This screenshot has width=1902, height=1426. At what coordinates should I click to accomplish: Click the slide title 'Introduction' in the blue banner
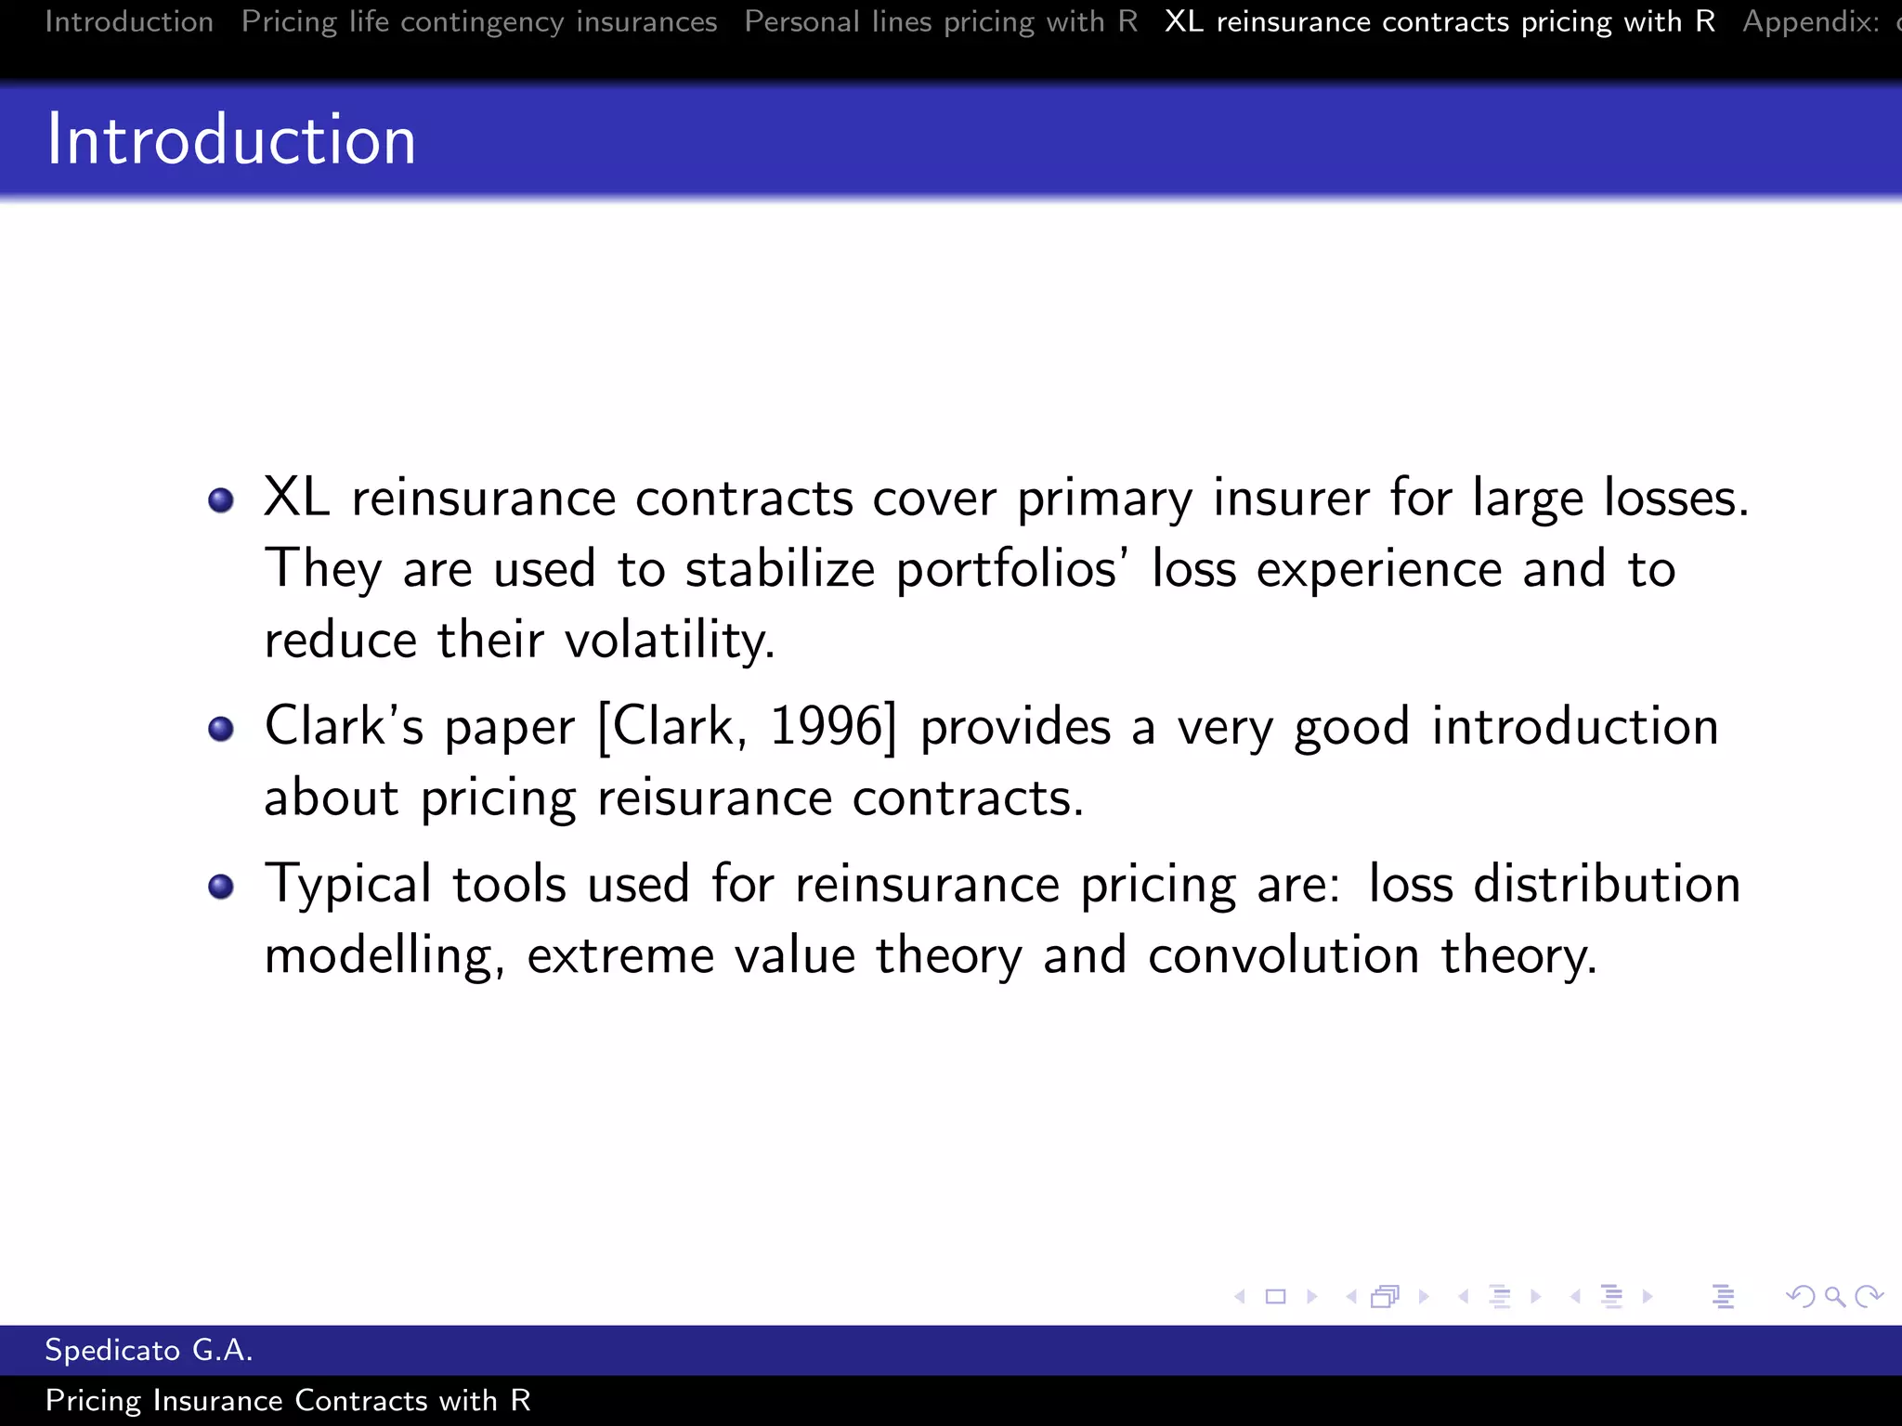tap(231, 139)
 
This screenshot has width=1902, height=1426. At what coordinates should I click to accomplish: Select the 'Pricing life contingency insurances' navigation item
tap(479, 21)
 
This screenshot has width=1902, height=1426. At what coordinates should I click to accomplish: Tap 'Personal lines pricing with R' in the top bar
tap(941, 21)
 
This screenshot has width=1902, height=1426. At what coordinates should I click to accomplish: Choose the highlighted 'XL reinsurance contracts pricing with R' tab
tap(1440, 21)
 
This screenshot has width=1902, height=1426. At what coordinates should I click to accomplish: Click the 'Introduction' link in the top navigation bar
tap(129, 21)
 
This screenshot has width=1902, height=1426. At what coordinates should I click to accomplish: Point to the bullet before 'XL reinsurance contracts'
tap(221, 501)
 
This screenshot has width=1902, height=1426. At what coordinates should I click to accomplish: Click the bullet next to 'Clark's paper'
tap(221, 729)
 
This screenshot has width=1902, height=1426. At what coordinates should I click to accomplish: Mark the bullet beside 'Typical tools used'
tap(221, 887)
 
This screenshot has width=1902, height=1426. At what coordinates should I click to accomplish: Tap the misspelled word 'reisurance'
tap(714, 798)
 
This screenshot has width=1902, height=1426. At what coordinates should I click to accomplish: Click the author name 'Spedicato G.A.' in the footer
tap(149, 1350)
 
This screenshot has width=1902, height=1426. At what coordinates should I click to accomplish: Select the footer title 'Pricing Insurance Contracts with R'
tap(288, 1400)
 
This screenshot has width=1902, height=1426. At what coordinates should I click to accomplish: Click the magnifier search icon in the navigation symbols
tap(1834, 1296)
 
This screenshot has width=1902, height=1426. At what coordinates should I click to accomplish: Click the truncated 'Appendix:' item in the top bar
tap(1811, 21)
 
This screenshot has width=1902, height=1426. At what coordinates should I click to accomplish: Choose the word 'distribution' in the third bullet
tap(1607, 884)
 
